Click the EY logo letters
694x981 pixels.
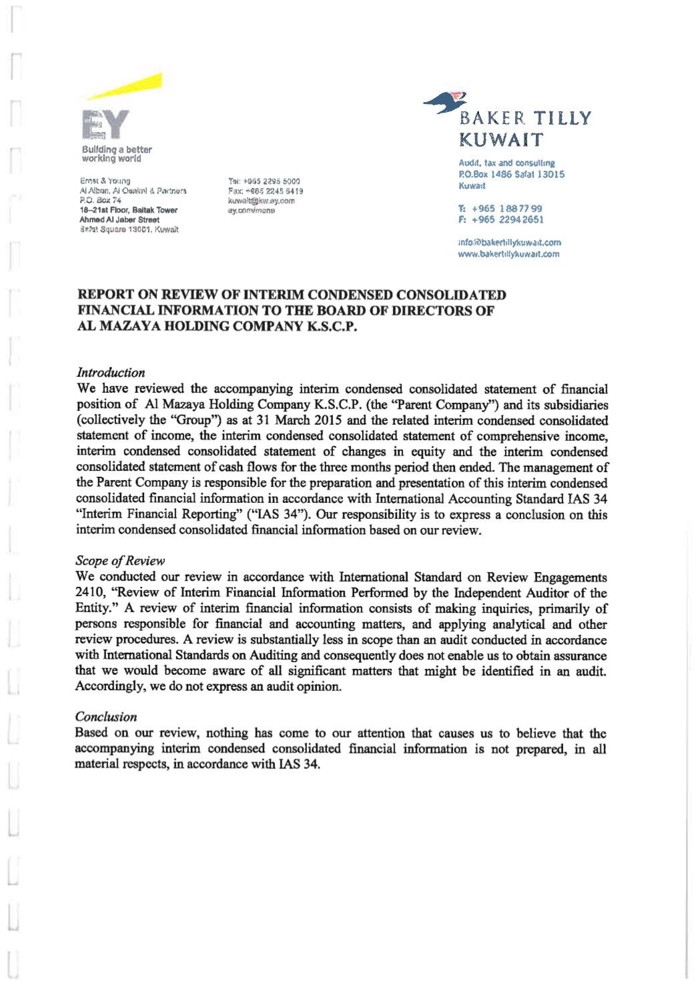(x=104, y=125)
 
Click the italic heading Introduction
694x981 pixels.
(x=111, y=373)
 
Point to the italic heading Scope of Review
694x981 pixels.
(x=120, y=561)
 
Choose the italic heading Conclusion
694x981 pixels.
(x=106, y=717)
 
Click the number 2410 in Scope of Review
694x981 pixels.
(x=87, y=592)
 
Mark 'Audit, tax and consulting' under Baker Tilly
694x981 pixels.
(x=506, y=163)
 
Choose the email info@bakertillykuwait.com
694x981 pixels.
(x=509, y=243)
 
